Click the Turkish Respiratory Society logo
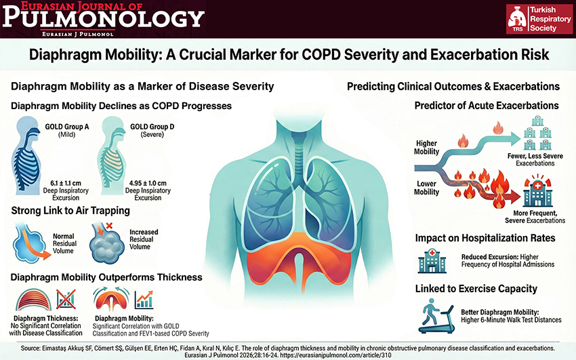[539, 19]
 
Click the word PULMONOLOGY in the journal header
[103, 18]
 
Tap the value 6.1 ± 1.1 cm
[66, 183]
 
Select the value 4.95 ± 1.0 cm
[148, 183]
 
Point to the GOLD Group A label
[67, 127]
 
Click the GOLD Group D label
[152, 127]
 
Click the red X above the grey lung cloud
[109, 225]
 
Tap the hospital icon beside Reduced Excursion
[432, 261]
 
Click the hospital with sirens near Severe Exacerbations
[538, 191]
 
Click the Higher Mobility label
[426, 147]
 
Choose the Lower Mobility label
[426, 188]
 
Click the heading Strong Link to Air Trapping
[70, 210]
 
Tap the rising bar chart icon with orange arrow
[144, 300]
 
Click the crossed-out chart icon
[66, 299]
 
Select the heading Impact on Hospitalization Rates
[485, 238]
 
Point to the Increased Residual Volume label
[144, 239]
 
